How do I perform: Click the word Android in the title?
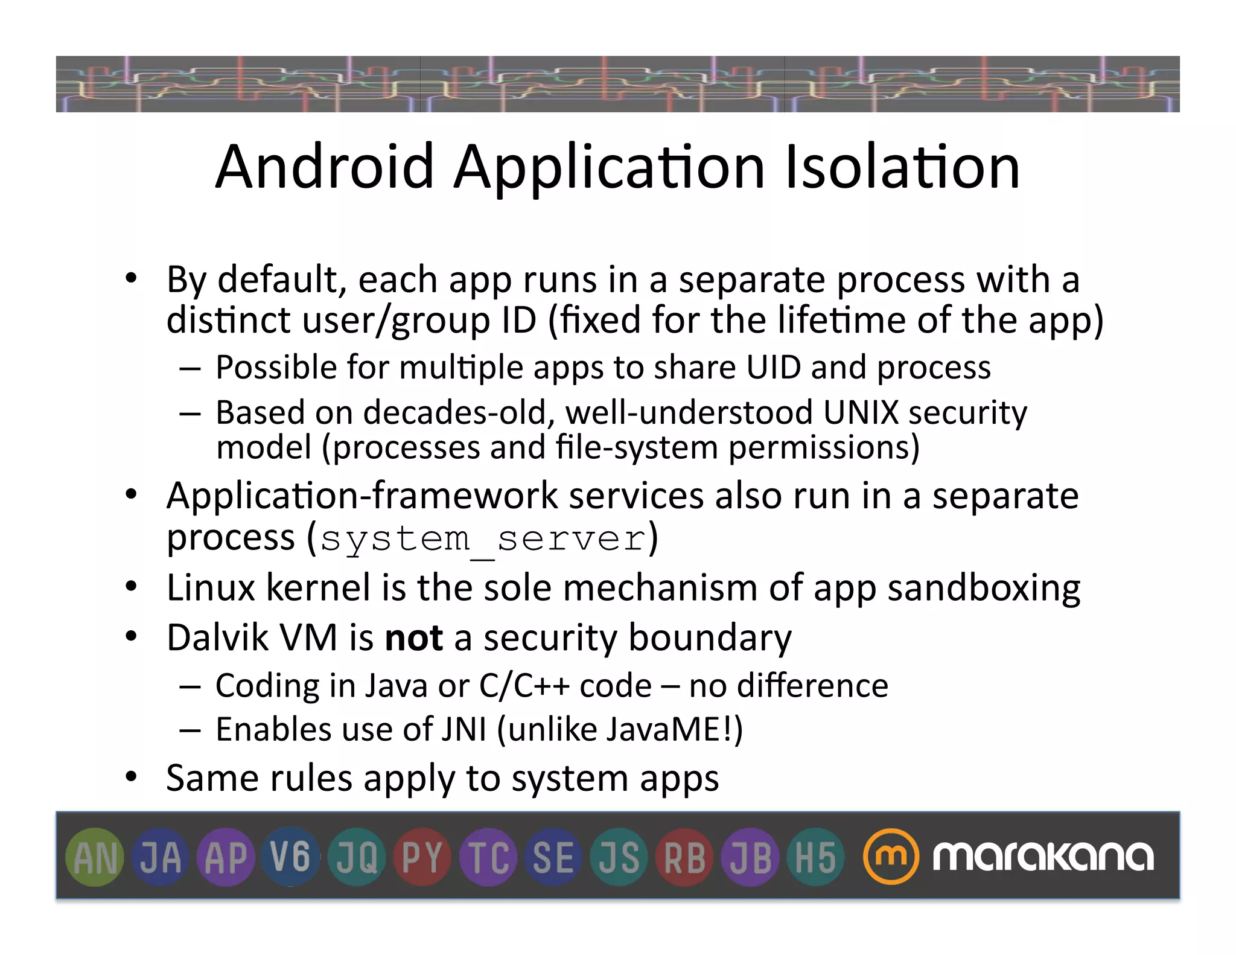click(x=325, y=167)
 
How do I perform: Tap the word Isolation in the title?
click(x=902, y=167)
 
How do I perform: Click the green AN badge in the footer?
click(x=95, y=857)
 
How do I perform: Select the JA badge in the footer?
click(x=161, y=857)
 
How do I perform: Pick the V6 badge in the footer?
click(x=290, y=857)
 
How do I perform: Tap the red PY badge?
click(x=422, y=857)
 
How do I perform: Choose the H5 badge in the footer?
click(x=815, y=857)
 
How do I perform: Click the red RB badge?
click(x=684, y=857)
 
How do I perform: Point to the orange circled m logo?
click(x=891, y=857)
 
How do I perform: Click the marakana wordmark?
click(x=1043, y=857)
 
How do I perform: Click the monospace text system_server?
click(x=483, y=539)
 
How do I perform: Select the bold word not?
click(x=414, y=637)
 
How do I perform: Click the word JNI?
click(x=463, y=729)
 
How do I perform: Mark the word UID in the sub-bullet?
click(x=774, y=367)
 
